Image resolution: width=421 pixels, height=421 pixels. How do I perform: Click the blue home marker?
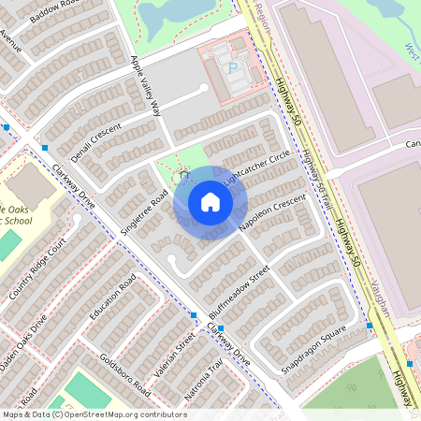click(210, 202)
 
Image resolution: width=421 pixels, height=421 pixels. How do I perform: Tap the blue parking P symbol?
click(232, 68)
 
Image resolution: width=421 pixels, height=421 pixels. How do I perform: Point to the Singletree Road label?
click(144, 210)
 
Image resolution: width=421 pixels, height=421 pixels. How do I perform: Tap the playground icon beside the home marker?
click(184, 175)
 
